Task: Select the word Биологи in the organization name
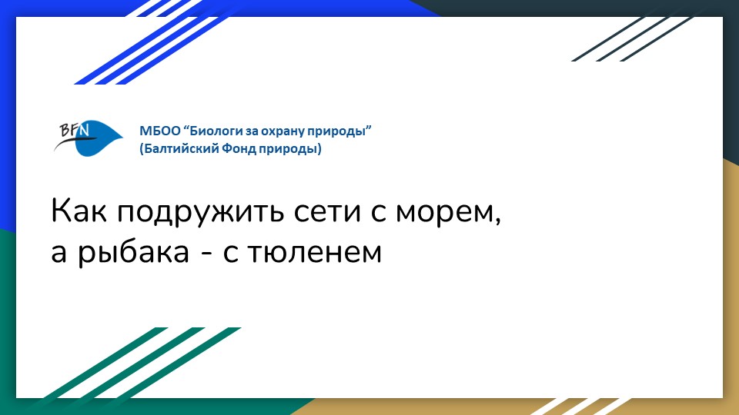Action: [212, 131]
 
